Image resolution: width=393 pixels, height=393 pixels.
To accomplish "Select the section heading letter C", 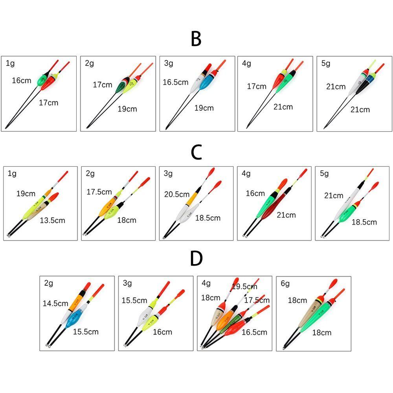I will coord(196,152).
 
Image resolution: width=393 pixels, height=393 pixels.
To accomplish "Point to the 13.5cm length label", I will coord(52,220).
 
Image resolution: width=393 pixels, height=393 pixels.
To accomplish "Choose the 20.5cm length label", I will coord(177,194).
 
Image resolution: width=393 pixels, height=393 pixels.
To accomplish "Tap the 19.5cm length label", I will coord(244,286).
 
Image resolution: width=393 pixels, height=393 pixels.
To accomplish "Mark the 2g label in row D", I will coord(49,283).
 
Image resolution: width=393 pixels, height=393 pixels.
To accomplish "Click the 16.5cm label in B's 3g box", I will coord(176,82).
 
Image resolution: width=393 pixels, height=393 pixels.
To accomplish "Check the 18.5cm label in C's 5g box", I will coord(364,222).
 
